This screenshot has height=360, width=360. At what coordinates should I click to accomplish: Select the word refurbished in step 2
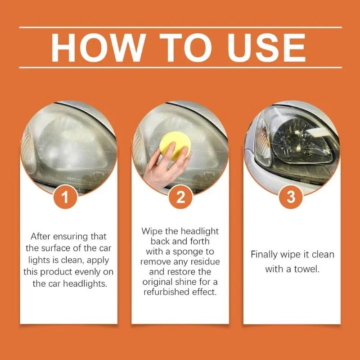click(169, 292)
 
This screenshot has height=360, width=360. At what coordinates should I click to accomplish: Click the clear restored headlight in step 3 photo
click(297, 135)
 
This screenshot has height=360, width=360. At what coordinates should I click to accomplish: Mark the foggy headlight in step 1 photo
click(67, 144)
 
